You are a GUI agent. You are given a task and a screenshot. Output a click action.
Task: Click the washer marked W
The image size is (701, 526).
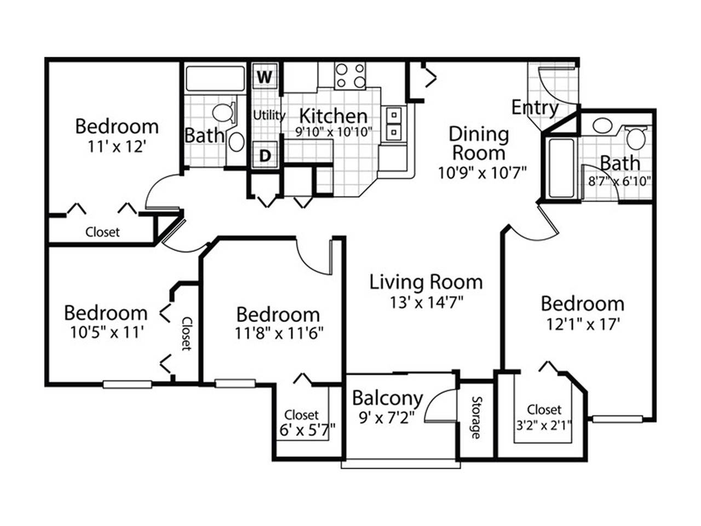265,76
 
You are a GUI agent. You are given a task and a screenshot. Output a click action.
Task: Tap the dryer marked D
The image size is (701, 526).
265,155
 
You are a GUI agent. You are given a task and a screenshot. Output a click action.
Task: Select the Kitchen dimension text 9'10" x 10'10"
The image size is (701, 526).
334,131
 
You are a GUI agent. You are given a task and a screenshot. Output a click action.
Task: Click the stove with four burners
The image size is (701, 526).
350,76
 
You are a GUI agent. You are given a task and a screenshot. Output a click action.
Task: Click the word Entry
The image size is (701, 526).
535,107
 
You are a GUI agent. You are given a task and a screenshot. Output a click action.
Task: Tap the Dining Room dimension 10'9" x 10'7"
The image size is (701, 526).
481,173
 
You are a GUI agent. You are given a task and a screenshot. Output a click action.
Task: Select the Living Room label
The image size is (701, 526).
426,282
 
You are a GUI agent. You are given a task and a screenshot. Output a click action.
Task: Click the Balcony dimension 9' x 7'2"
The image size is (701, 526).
387,417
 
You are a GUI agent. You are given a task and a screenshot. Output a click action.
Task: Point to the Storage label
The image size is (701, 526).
475,418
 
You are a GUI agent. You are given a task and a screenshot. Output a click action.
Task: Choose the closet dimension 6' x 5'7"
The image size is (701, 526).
307,430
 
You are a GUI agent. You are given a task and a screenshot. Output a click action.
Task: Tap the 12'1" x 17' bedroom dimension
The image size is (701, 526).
583,324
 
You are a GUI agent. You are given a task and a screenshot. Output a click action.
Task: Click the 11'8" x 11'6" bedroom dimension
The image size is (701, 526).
279,334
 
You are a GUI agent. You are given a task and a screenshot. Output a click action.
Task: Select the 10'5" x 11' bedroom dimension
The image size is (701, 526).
105,333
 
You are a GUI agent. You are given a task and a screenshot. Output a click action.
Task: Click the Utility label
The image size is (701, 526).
269,115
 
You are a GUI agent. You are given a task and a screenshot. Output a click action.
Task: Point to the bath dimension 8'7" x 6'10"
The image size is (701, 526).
619,181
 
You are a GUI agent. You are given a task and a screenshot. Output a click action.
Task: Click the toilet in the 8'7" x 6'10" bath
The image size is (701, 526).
635,138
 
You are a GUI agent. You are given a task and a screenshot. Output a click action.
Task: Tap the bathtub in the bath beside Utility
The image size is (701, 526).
215,78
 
